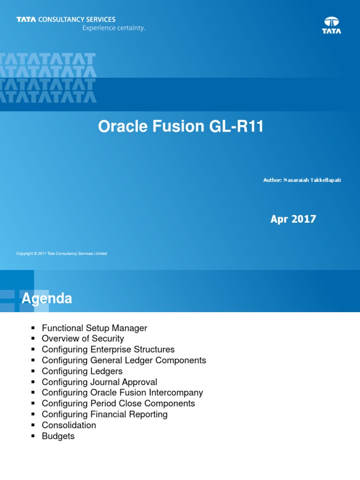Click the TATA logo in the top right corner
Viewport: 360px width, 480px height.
tap(331, 25)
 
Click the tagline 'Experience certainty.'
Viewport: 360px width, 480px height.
tap(114, 28)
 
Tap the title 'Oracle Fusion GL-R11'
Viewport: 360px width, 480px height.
tap(181, 127)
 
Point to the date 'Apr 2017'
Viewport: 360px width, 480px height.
tap(293, 219)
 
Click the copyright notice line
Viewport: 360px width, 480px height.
tap(61, 254)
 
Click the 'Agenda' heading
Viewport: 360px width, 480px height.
tap(47, 299)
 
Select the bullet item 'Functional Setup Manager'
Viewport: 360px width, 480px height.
tap(94, 328)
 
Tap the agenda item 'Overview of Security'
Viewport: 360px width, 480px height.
tap(83, 339)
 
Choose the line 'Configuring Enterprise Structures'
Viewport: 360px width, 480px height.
tap(108, 350)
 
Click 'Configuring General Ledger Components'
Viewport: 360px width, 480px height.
tap(124, 360)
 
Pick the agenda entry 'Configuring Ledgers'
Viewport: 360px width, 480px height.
tap(82, 371)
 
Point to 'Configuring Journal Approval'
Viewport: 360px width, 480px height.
tap(99, 382)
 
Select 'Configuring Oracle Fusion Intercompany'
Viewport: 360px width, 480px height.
tap(122, 393)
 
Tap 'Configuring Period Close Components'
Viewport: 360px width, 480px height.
tap(118, 404)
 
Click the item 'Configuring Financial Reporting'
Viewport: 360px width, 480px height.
tap(105, 414)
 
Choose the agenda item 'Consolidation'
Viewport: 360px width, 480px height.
tap(69, 425)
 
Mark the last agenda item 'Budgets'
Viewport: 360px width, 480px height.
tap(58, 436)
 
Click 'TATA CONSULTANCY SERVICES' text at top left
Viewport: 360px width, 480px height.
tap(66, 20)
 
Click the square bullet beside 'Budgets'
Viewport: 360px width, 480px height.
tap(33, 436)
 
